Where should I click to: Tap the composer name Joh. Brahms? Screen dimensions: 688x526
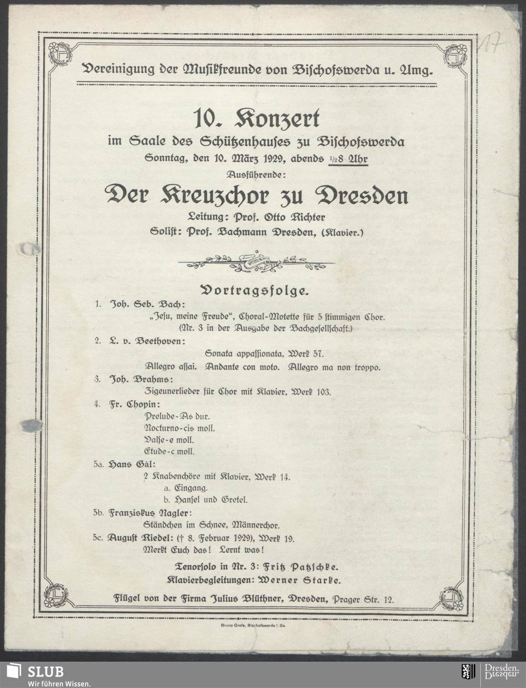141,379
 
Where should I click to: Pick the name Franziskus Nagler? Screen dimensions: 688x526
150,512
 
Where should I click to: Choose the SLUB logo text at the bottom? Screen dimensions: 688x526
45,671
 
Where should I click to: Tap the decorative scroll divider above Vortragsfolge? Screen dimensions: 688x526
256,262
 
